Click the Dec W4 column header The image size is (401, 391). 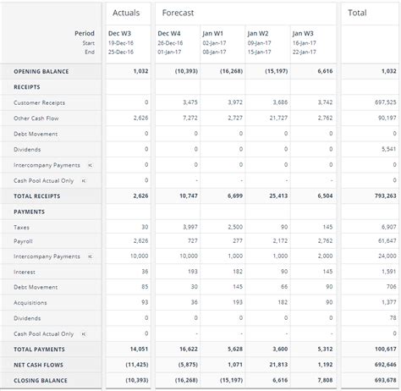170,33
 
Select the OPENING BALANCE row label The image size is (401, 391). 41,71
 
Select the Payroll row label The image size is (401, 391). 23,242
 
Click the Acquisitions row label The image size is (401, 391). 30,302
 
